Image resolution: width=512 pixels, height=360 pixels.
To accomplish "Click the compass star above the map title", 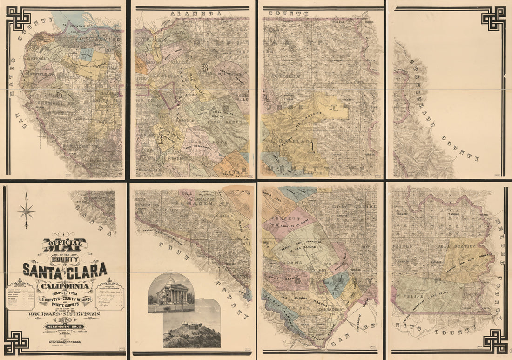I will tap(26, 211).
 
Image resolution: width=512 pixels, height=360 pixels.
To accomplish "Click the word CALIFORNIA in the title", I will tap(65, 285).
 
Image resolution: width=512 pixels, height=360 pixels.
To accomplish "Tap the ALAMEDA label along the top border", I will tap(189, 14).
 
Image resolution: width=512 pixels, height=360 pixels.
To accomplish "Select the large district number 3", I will tap(204, 66).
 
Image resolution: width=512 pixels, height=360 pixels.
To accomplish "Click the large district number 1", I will tap(311, 147).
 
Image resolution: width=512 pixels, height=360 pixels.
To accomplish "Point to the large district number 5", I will tap(59, 94).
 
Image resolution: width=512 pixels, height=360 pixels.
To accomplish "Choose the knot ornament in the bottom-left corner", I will tap(18, 342).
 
